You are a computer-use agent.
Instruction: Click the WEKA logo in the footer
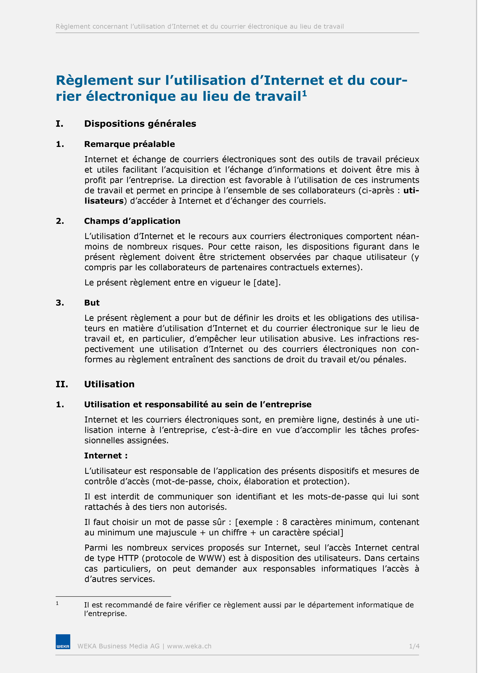(63, 642)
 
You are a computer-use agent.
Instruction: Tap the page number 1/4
(414, 646)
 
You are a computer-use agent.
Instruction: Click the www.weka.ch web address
(189, 646)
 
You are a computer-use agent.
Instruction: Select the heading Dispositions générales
(140, 124)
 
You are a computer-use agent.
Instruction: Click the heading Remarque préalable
(129, 144)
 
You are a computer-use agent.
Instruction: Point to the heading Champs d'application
(132, 221)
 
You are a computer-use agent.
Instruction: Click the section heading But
(92, 303)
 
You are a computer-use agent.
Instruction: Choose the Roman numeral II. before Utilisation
(62, 384)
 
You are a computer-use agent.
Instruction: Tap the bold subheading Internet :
(106, 456)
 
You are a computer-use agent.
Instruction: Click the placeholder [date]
(266, 283)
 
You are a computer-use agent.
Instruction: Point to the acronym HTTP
(128, 558)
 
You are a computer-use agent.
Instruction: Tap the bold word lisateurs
(104, 201)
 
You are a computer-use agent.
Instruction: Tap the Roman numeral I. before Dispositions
(59, 124)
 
